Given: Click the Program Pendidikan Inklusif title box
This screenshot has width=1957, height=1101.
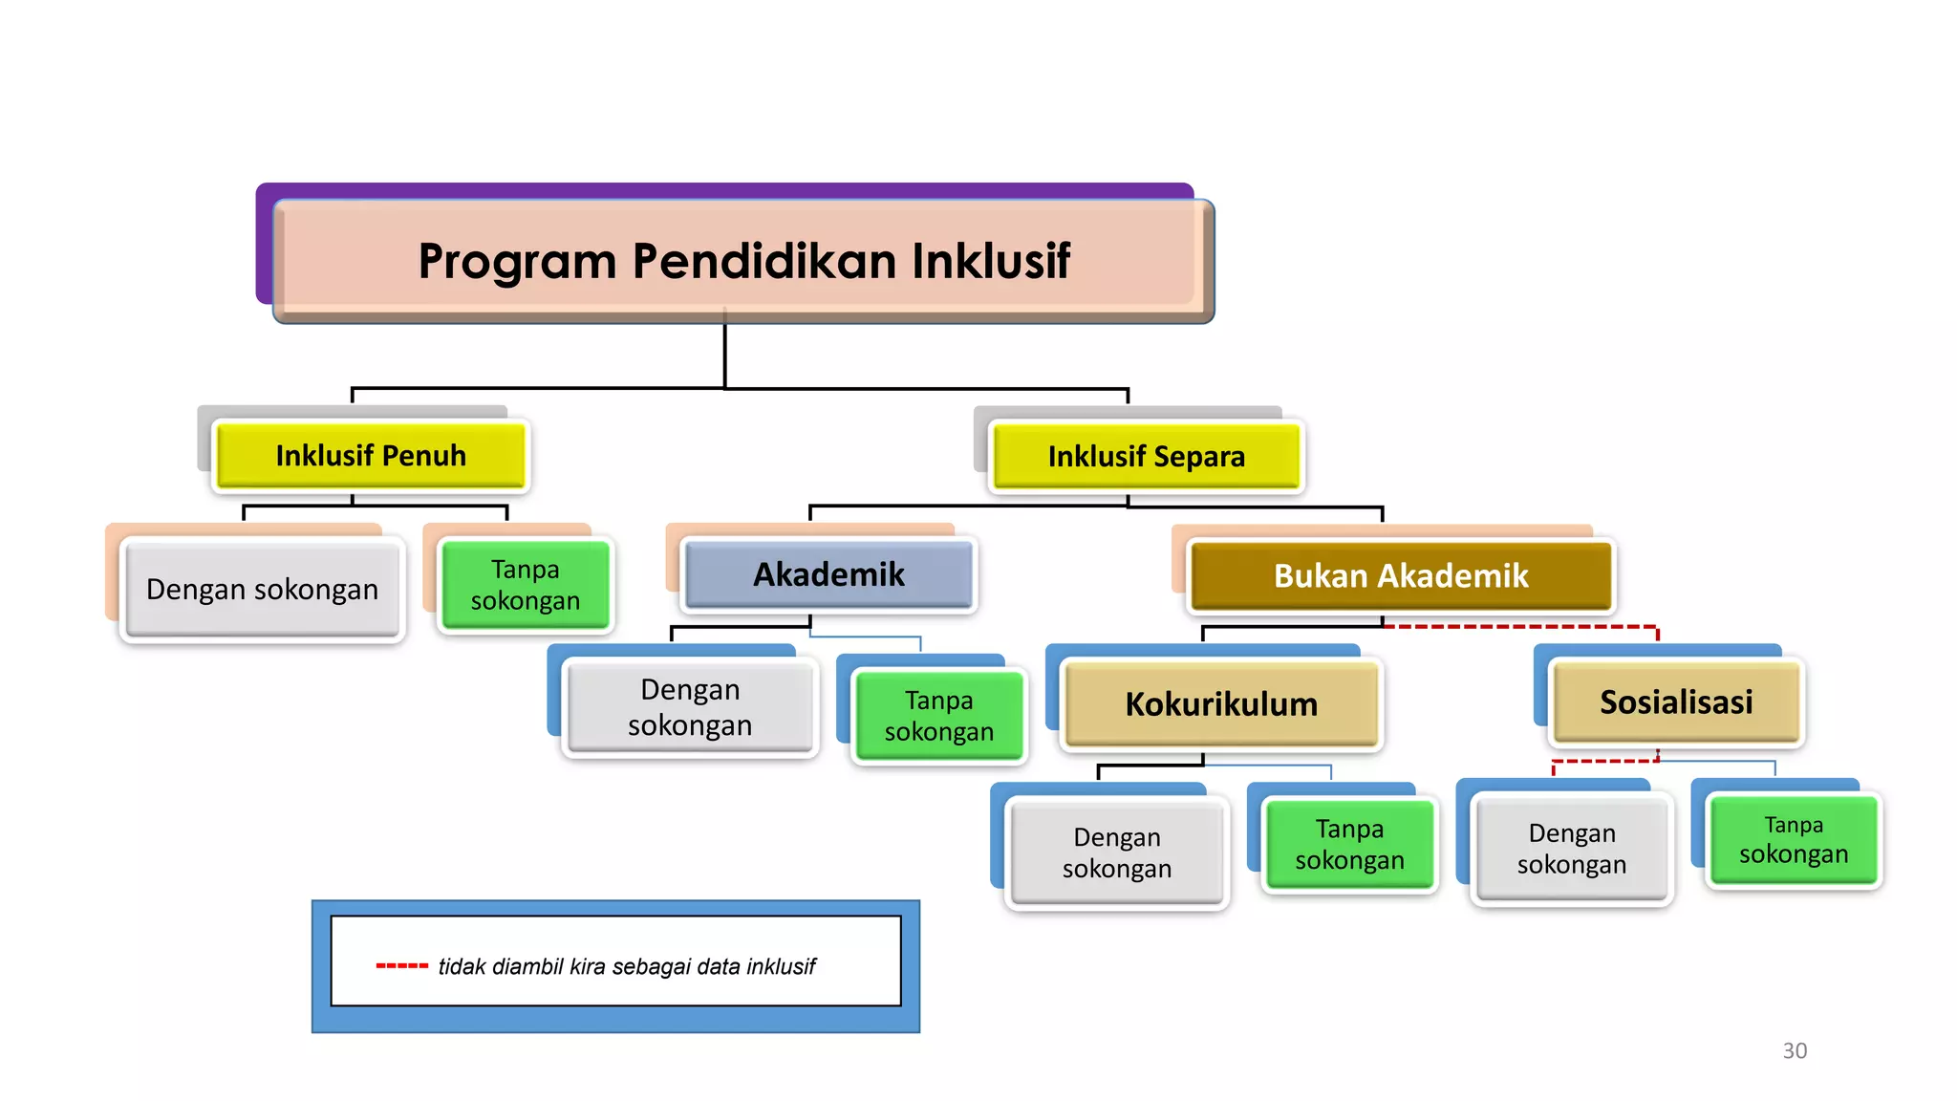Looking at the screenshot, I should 743,260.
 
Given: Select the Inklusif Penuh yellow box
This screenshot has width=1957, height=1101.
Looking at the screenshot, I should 371,456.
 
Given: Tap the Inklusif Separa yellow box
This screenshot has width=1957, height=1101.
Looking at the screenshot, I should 1146,457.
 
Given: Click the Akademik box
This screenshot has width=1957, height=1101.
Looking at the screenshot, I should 828,574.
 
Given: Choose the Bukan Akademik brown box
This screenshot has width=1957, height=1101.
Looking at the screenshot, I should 1401,576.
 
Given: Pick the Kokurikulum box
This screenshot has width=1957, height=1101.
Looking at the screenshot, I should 1221,704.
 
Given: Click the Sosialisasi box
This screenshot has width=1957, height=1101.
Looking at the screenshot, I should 1676,702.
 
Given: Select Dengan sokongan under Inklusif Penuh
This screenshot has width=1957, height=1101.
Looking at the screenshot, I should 262,590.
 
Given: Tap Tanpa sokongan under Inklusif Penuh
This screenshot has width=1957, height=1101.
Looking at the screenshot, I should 525,585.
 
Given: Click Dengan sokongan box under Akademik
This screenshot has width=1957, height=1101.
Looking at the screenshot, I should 690,707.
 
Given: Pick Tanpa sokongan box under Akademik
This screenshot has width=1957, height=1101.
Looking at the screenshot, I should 938,716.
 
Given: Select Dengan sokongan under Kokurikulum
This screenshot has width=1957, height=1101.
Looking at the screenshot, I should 1116,853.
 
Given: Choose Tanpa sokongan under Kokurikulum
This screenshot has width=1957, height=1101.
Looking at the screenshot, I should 1349,844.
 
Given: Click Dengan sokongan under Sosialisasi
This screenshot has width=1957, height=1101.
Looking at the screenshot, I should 1571,849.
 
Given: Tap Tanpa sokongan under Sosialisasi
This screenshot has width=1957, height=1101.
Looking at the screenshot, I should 1793,839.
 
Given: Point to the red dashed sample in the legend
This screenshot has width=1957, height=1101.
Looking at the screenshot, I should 401,966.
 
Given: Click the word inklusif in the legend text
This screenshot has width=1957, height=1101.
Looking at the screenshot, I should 781,966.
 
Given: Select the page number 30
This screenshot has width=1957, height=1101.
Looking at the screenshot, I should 1795,1050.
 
